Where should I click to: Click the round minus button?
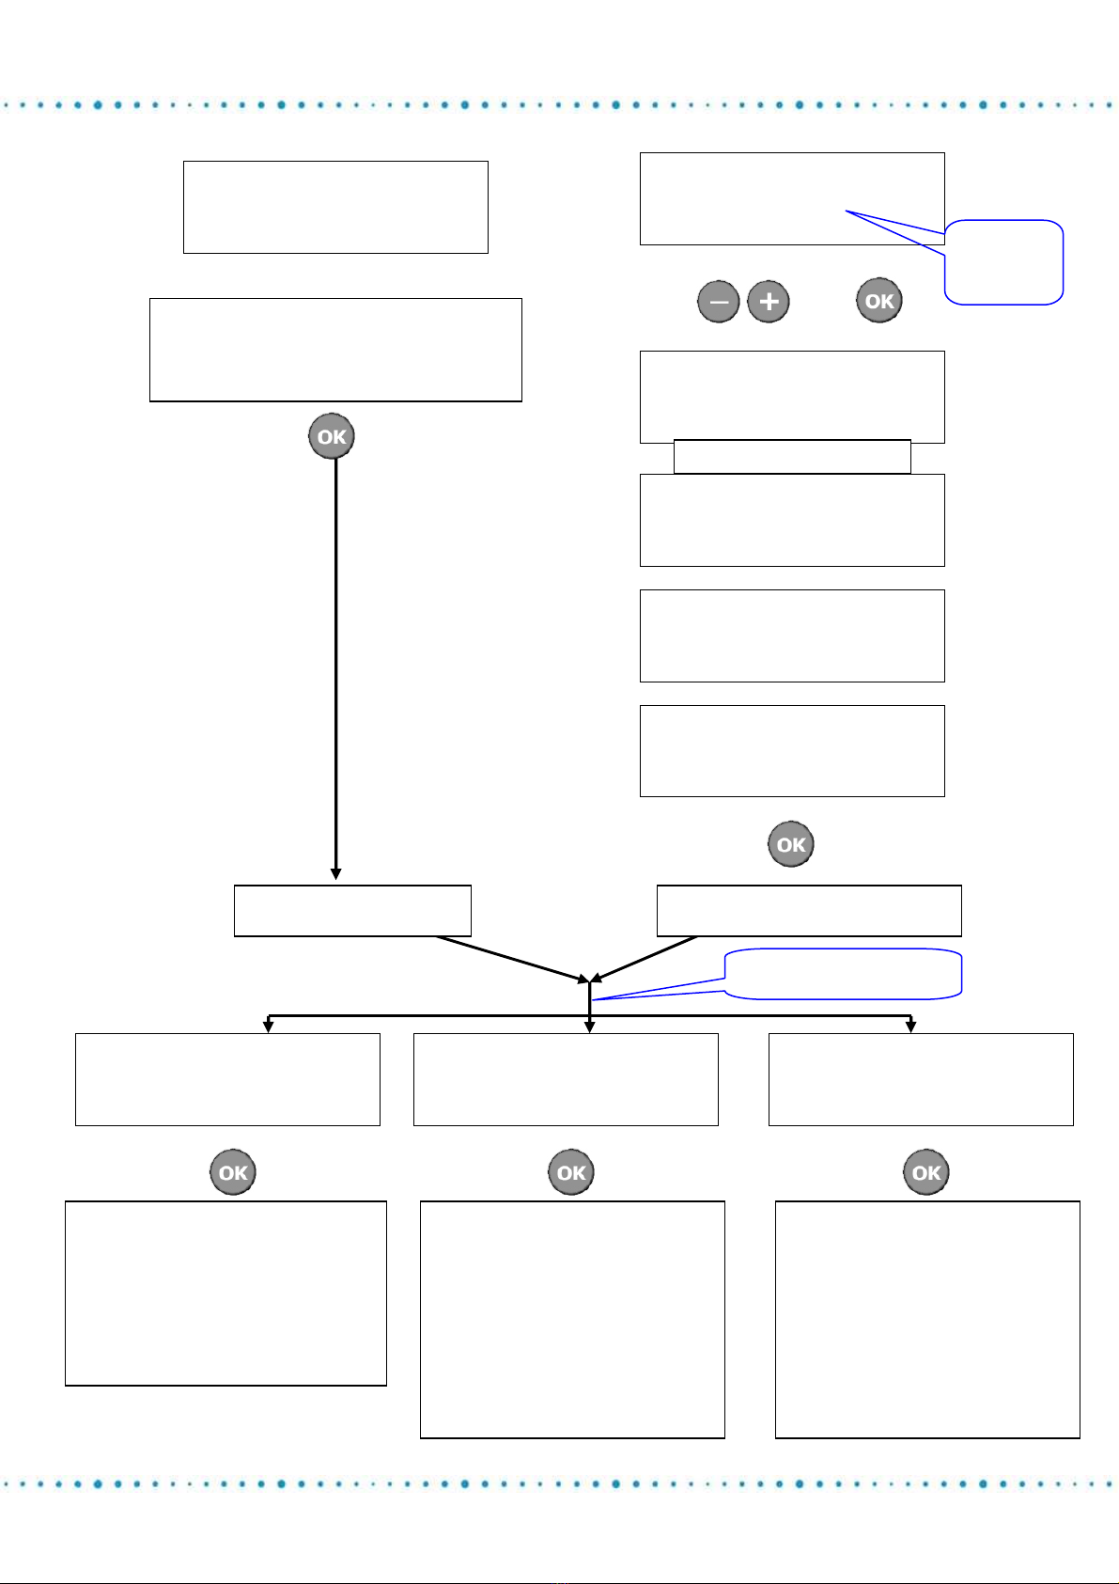[x=719, y=303]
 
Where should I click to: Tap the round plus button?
[x=769, y=303]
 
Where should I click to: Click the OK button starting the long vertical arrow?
[x=332, y=437]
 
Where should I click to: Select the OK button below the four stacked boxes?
[x=791, y=844]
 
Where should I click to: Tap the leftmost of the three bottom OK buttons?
[x=233, y=1172]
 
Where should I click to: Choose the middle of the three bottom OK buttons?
[x=571, y=1172]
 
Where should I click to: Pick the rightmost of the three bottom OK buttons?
[x=926, y=1172]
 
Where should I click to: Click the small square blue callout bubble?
[x=1004, y=262]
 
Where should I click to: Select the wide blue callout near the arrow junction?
[x=844, y=974]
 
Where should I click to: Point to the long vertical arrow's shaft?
[x=335, y=658]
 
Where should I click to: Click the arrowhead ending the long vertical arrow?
[x=335, y=874]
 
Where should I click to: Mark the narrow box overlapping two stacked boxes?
[x=792, y=457]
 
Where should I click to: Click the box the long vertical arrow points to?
[x=351, y=910]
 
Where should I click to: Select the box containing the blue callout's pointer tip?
[x=792, y=198]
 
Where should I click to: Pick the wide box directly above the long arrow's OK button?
[x=335, y=350]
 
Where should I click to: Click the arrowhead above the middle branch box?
[x=589, y=1027]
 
